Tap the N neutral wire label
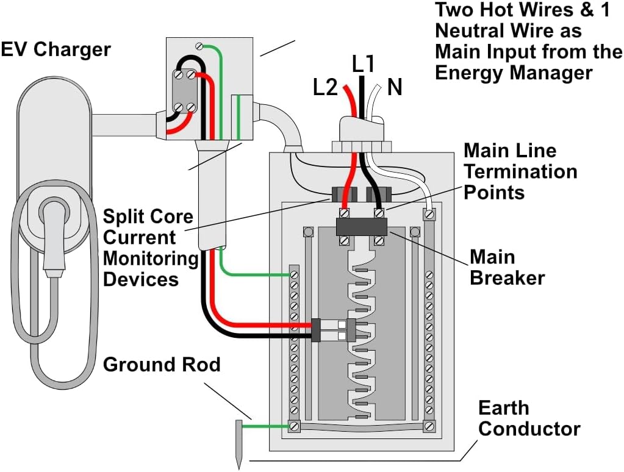click(395, 87)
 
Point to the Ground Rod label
click(161, 365)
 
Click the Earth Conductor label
click(529, 418)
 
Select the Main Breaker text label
click(507, 267)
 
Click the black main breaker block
click(362, 226)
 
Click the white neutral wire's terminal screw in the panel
click(430, 213)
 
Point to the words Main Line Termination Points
click(520, 171)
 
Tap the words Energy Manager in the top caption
click(513, 73)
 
